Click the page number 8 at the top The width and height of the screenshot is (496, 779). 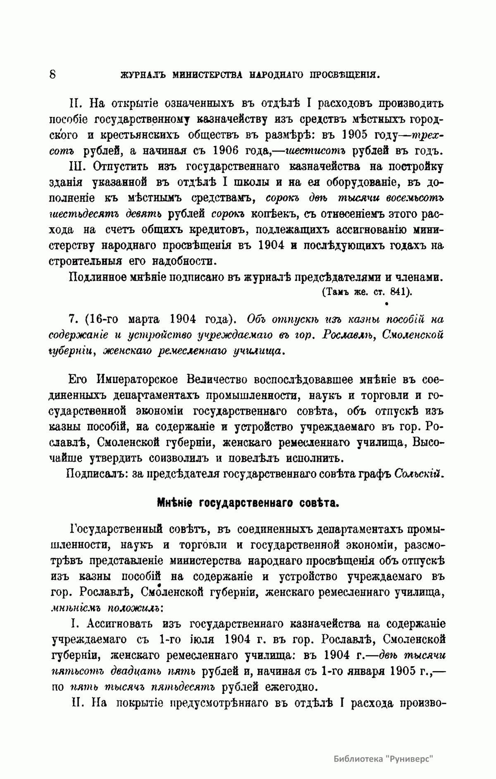pyautogui.click(x=53, y=74)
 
